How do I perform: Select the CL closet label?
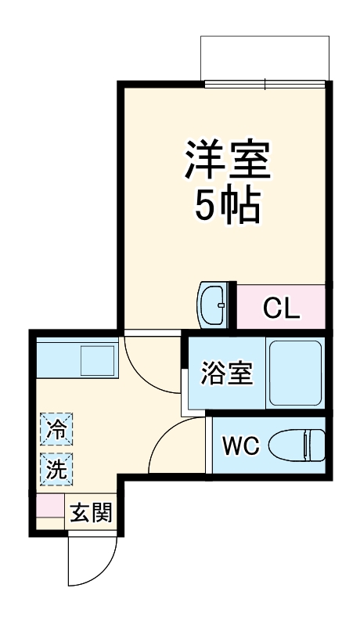[281, 308]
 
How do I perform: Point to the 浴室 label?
[226, 373]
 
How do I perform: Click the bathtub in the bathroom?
[294, 373]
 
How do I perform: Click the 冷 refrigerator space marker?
[57, 429]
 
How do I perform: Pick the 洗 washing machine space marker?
[57, 469]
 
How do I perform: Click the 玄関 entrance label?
[92, 514]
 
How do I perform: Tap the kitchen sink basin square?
[98, 361]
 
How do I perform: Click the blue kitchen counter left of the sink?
[58, 361]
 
